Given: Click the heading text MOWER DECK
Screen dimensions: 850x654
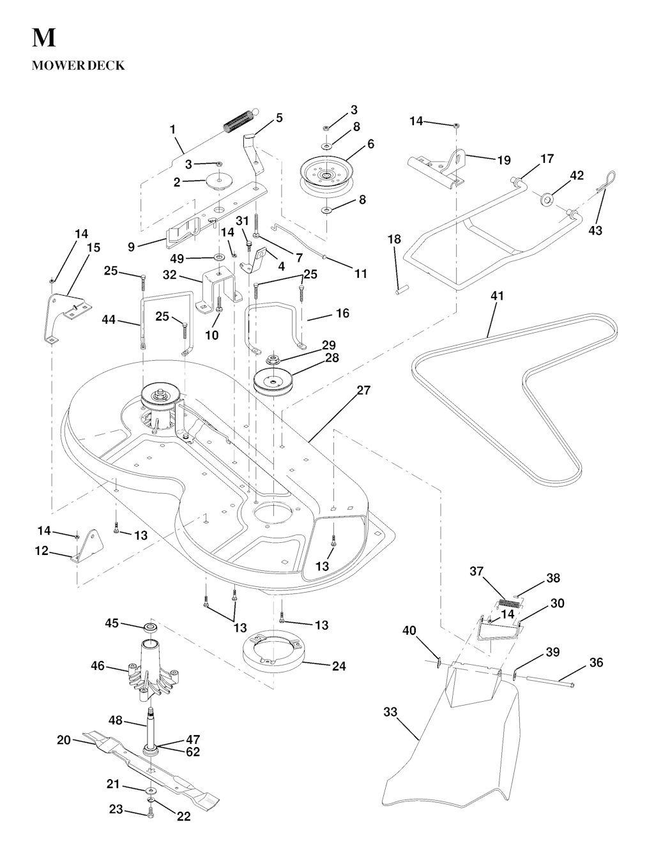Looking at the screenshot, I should tap(78, 66).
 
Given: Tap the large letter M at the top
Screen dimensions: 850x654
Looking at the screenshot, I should tap(43, 38).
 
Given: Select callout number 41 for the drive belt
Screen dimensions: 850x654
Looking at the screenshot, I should tap(497, 296).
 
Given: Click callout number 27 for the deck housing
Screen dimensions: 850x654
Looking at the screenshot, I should tap(363, 390).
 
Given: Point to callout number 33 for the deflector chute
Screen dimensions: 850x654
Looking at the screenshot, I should tap(390, 713).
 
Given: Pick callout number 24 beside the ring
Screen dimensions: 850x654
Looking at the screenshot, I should tap(339, 666).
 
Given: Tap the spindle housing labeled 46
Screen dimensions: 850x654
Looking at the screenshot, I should tap(151, 671).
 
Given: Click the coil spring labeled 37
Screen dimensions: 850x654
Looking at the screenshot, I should tap(510, 602).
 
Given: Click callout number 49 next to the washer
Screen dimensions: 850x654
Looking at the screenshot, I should tap(177, 259).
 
